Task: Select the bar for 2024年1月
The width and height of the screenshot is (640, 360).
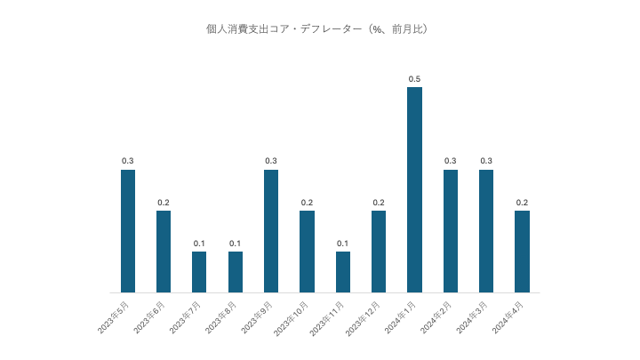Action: coord(414,189)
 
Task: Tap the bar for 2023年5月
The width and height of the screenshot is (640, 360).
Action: coord(128,230)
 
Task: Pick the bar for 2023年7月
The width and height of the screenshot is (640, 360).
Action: coord(199,271)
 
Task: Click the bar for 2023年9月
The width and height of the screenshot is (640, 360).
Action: coord(271,230)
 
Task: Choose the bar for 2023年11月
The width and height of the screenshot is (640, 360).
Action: coord(342,271)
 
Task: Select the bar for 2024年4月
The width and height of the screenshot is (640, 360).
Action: coord(522,251)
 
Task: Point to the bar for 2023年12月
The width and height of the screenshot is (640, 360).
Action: coord(379,251)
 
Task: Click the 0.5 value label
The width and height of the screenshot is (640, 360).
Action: coord(414,79)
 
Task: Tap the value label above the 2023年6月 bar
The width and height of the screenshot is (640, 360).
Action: coord(164,203)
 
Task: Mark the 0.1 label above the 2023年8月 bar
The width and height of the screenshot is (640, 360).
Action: coord(235,244)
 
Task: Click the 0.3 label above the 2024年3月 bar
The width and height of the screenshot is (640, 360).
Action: coord(486,161)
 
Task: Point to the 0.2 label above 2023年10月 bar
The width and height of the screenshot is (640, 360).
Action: coord(307,203)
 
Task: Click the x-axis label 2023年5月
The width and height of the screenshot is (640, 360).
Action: coord(113,317)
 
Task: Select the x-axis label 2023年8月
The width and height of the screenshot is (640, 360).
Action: coord(220,317)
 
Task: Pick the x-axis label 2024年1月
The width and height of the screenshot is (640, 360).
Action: coord(399,317)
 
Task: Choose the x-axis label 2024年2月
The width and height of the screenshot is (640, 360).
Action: coord(435,317)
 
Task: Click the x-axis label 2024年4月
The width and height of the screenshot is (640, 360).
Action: coord(507,317)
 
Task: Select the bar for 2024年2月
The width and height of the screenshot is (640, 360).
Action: coord(451,230)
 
